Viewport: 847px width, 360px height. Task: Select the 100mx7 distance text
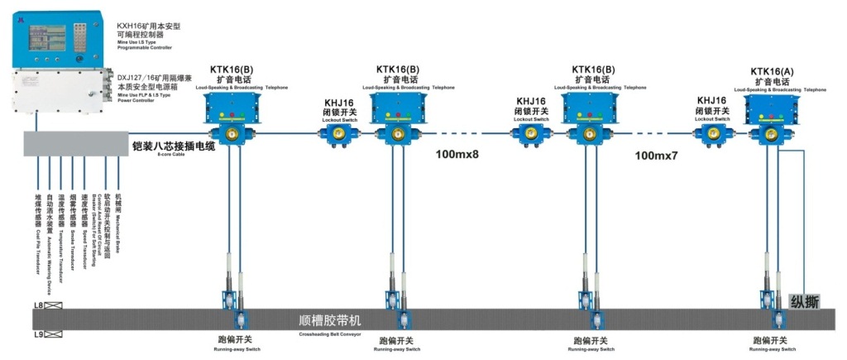tap(656, 155)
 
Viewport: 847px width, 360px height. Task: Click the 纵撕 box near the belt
tap(804, 302)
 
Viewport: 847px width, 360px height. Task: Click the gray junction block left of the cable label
tap(74, 144)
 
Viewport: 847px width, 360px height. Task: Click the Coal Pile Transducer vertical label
tap(38, 223)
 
